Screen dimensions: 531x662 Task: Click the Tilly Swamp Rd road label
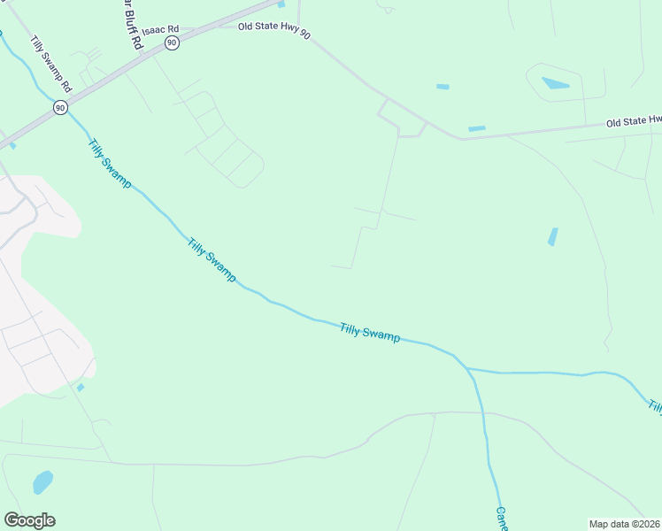(50, 65)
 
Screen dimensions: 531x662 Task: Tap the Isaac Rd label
(160, 29)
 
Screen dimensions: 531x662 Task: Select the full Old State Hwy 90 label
(274, 29)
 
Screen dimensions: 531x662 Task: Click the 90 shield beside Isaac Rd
(172, 42)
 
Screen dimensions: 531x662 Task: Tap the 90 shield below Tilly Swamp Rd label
(59, 107)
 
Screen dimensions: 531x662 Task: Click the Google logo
(29, 520)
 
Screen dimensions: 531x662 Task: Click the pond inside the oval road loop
(555, 84)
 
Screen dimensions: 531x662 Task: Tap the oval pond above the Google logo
(42, 482)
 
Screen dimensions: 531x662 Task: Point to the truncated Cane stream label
(501, 518)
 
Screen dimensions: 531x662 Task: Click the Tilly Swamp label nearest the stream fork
(370, 333)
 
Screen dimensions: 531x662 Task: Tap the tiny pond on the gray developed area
(81, 387)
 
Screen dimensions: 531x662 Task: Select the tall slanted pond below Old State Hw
(552, 236)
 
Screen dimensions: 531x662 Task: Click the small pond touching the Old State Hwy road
(476, 129)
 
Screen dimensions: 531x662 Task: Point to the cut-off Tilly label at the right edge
(655, 407)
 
